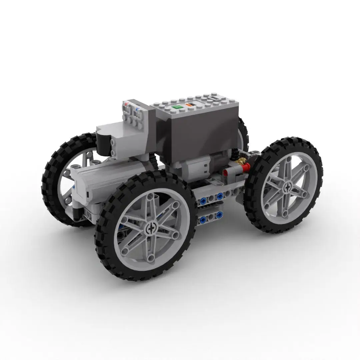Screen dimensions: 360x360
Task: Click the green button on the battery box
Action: pyautogui.click(x=177, y=107)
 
